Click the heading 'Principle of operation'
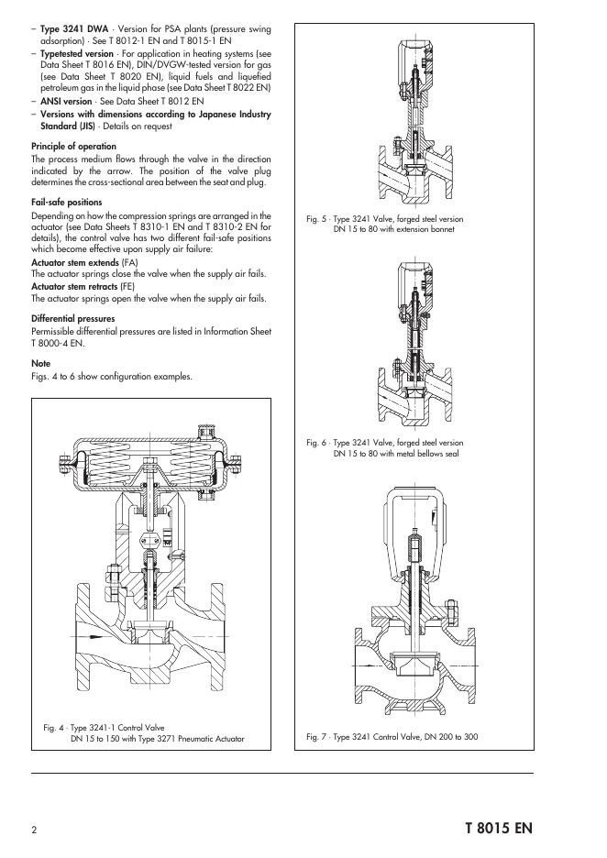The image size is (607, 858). (x=73, y=147)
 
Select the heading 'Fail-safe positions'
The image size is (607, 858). (x=66, y=203)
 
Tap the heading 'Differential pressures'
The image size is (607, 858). (x=72, y=319)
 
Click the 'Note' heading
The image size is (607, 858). (x=40, y=364)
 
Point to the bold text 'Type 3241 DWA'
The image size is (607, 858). (x=74, y=29)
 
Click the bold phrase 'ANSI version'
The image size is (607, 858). (x=66, y=101)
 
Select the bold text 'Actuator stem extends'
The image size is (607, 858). (x=75, y=263)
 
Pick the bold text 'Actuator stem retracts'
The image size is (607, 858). (x=74, y=287)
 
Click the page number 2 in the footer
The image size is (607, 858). (x=35, y=830)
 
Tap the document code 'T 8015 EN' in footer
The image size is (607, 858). (x=499, y=828)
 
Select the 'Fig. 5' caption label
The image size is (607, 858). (x=316, y=219)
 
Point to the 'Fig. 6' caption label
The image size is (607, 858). (x=316, y=443)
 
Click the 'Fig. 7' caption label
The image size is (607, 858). (x=316, y=737)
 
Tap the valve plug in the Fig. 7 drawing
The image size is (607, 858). (x=414, y=664)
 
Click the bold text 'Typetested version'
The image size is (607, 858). (x=77, y=53)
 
